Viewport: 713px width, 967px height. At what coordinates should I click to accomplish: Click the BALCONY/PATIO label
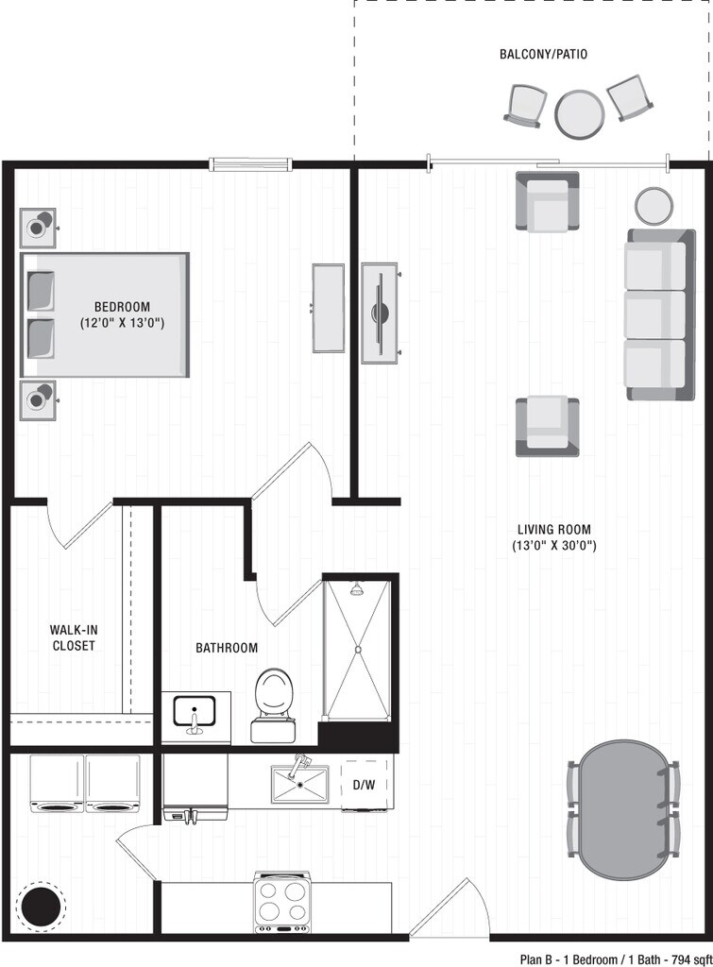[543, 54]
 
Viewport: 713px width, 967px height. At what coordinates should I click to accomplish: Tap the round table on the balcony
[579, 113]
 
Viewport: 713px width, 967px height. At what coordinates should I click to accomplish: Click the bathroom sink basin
[195, 710]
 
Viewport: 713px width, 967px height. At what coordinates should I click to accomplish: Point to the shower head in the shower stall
[357, 590]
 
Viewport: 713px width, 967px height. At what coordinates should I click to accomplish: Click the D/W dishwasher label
[365, 784]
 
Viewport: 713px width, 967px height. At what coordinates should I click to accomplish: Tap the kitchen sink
[299, 785]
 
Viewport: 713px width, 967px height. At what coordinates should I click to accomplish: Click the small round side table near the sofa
[654, 205]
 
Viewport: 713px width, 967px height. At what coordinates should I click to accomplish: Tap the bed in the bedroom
[106, 314]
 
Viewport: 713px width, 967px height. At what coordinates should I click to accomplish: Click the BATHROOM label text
[227, 648]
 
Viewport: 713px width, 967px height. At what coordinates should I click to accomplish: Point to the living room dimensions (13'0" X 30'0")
[554, 546]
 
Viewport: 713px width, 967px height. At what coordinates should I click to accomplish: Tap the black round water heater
[41, 906]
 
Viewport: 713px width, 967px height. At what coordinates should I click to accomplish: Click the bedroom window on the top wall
[247, 164]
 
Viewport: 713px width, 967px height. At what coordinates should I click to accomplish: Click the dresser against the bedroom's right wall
[329, 308]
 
